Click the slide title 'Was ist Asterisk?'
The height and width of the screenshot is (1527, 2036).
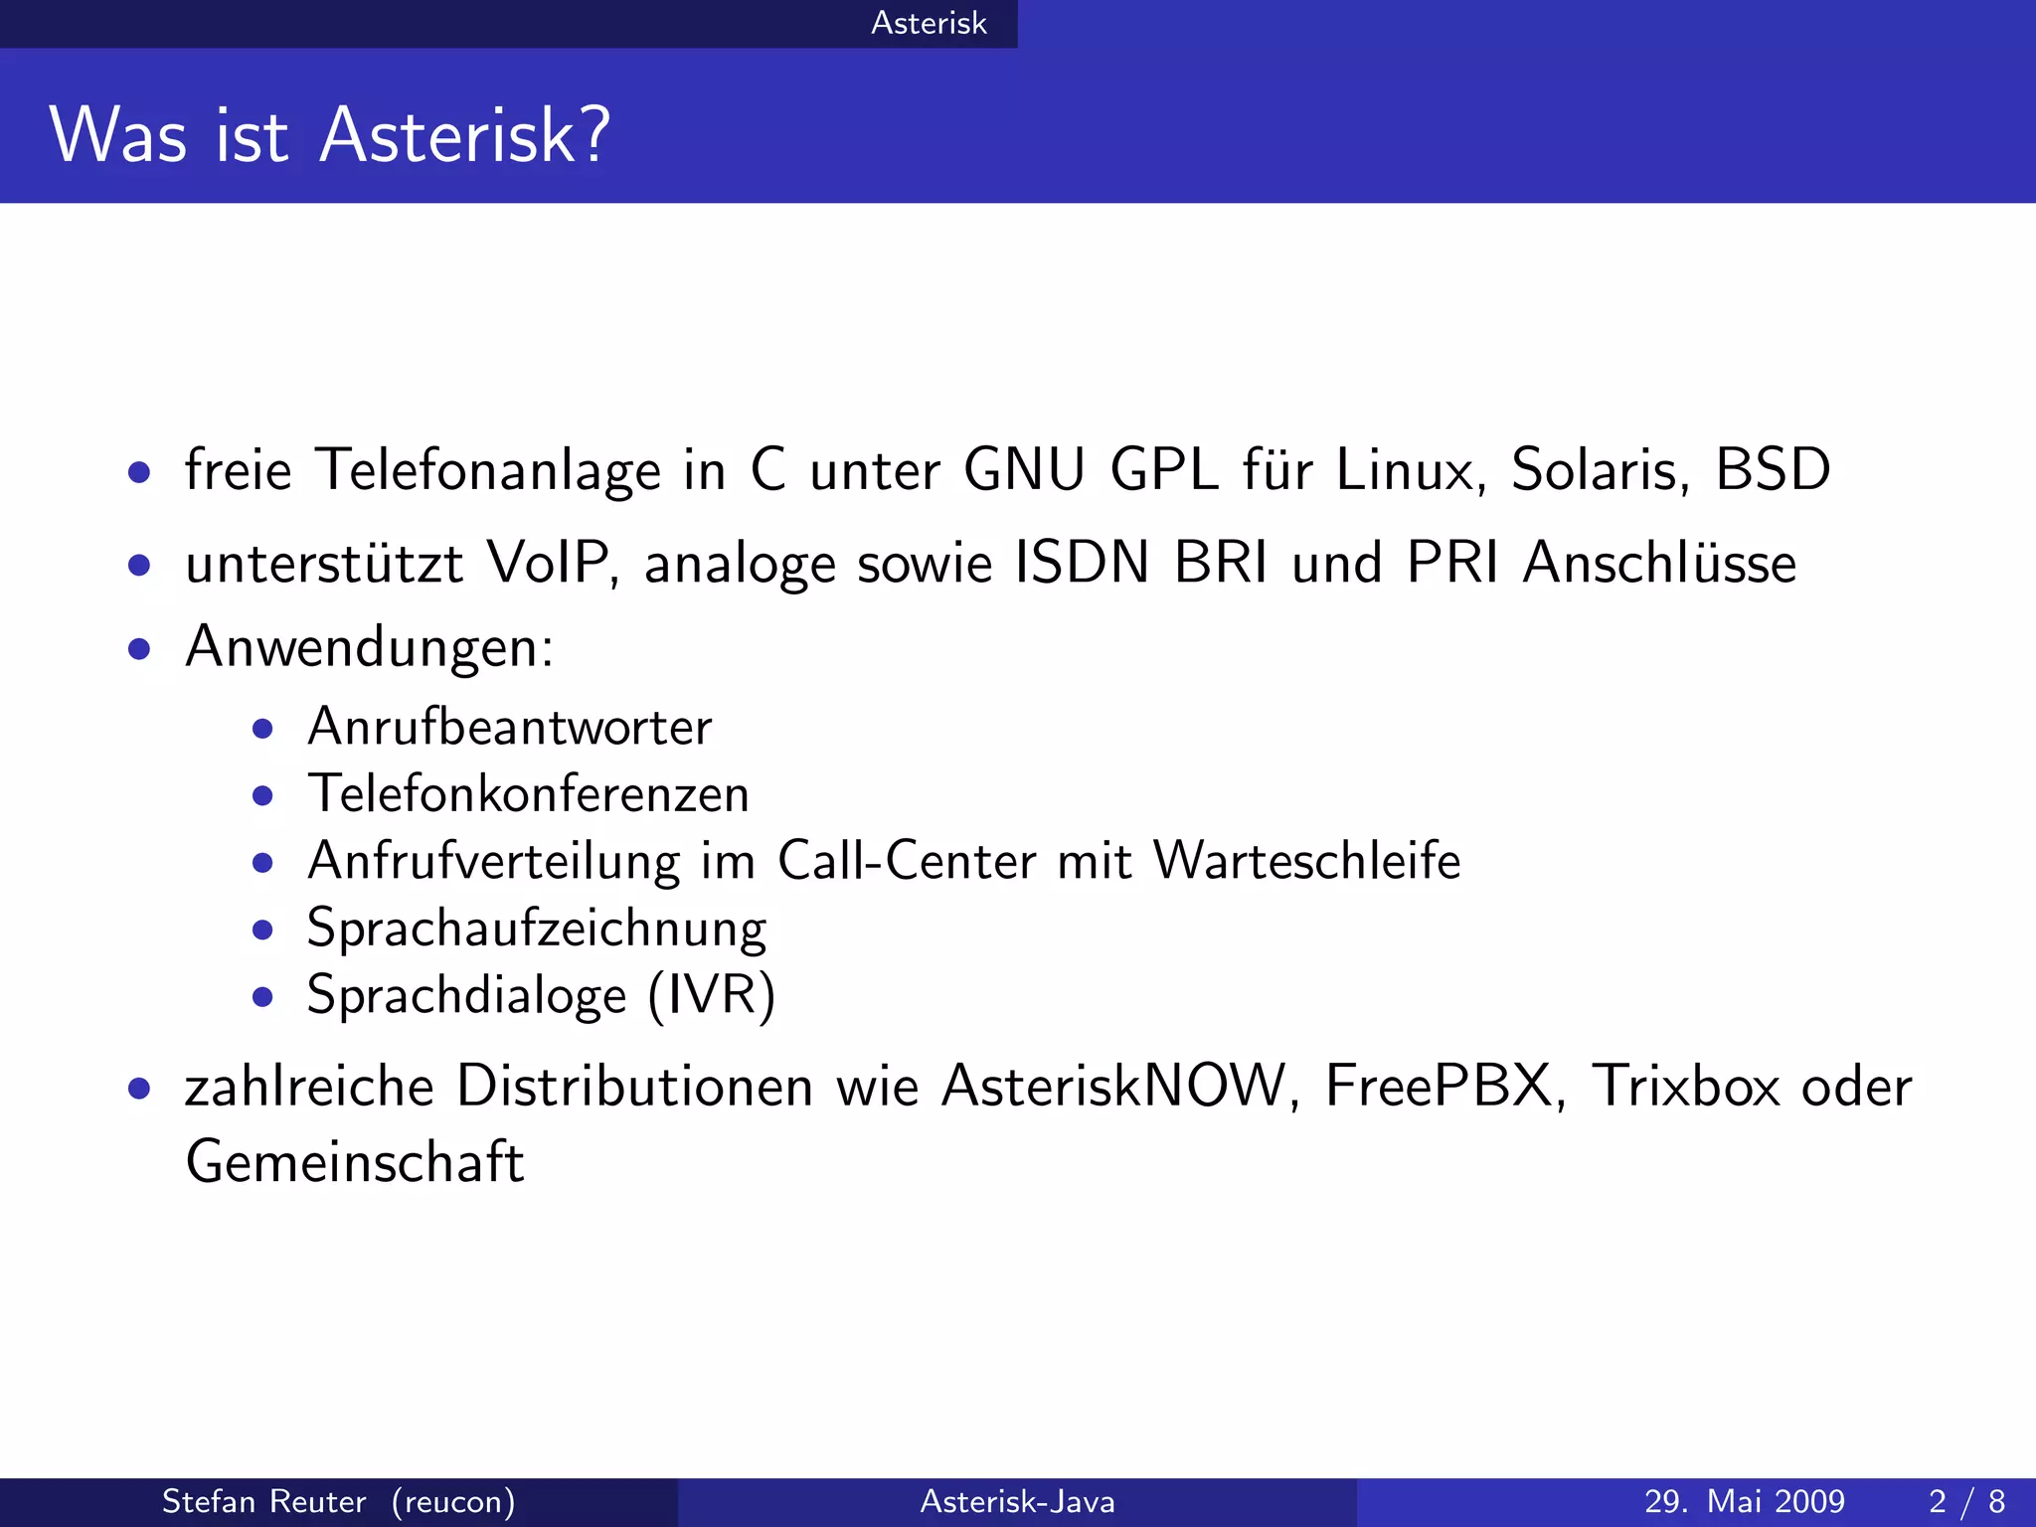[x=329, y=135]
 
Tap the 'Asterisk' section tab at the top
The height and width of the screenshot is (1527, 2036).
[x=929, y=23]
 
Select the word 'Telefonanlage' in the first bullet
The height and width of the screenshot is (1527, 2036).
[x=487, y=470]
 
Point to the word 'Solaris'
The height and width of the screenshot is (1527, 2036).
[x=1599, y=469]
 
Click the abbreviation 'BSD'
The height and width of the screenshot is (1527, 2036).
[x=1773, y=469]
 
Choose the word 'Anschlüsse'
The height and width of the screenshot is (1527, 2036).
[x=1659, y=563]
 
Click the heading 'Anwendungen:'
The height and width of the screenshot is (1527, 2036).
[x=369, y=648]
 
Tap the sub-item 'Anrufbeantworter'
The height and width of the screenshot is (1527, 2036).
[x=509, y=727]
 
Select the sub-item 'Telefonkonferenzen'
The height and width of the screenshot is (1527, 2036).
[x=528, y=794]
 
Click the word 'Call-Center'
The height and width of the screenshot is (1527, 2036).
[x=906, y=861]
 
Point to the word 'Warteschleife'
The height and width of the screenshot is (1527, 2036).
[x=1306, y=861]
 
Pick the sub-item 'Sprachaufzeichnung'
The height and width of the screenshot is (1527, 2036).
[x=536, y=929]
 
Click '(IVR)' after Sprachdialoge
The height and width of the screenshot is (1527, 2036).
[x=711, y=995]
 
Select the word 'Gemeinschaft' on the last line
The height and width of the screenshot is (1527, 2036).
[x=354, y=1161]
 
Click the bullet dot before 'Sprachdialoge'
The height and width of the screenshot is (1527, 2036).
[x=262, y=996]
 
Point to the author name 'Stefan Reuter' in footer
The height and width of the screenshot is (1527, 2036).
[x=263, y=1501]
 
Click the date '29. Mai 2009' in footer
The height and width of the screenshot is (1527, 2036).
[x=1744, y=1501]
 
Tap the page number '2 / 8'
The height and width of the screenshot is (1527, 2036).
[x=1966, y=1501]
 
